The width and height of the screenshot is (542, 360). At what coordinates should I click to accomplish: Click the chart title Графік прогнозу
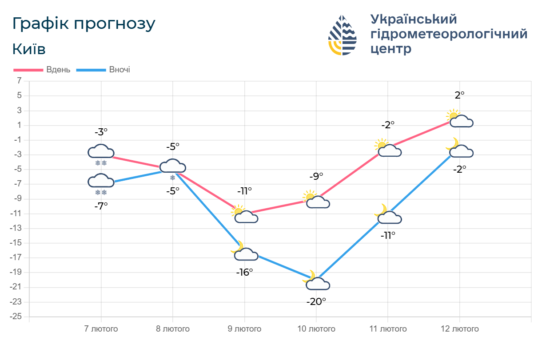(84, 24)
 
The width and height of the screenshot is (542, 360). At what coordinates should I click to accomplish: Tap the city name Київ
(29, 49)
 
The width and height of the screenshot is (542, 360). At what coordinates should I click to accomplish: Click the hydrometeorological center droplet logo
(343, 35)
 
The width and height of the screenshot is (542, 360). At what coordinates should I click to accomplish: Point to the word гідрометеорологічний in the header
(449, 34)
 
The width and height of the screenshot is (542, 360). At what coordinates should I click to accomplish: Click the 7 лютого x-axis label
(101, 329)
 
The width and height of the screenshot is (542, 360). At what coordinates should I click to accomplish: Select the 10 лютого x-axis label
(316, 329)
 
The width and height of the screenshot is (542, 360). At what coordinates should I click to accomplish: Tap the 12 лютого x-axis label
(460, 329)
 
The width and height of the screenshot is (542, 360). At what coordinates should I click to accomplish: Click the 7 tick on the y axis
(19, 81)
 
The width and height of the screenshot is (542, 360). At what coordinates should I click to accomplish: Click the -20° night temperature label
(316, 301)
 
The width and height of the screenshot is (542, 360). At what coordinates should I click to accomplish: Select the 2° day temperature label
(460, 95)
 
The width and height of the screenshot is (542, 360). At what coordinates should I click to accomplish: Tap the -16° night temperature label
(244, 272)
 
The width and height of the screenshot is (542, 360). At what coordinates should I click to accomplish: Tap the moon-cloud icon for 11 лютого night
(388, 215)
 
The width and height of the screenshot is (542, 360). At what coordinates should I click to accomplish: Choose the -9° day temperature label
(316, 176)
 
